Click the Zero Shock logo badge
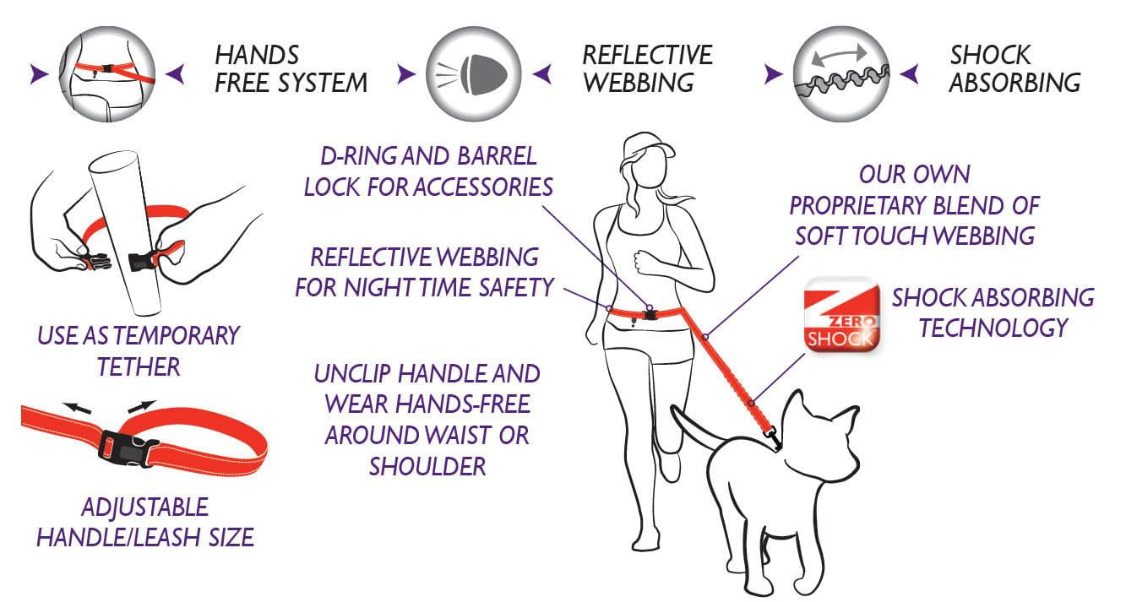coord(841,314)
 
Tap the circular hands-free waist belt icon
coord(107,73)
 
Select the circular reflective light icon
coord(474,73)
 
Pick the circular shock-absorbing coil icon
coord(841,73)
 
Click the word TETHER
coord(139,366)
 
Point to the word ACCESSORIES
coord(485,187)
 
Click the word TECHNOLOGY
coord(993,328)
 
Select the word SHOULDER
coord(427,467)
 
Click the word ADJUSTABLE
coord(144,507)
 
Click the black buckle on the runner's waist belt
coord(650,315)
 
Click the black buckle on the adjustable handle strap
coord(128,447)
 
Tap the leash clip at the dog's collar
coord(773,437)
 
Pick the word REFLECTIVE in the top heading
coord(647,55)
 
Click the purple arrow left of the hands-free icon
coord(39,73)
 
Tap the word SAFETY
coord(516,288)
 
